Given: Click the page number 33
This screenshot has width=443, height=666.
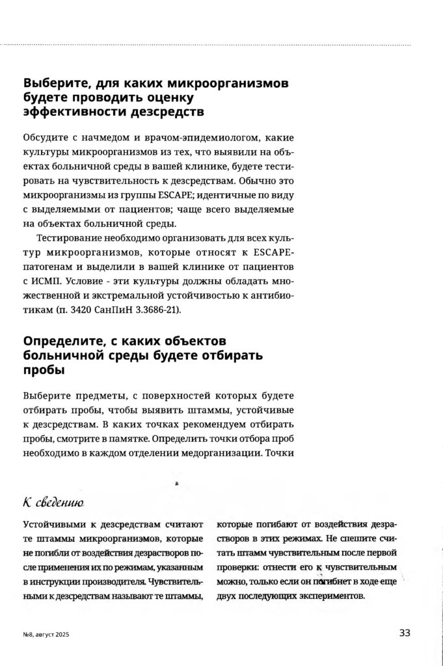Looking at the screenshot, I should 404,632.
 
